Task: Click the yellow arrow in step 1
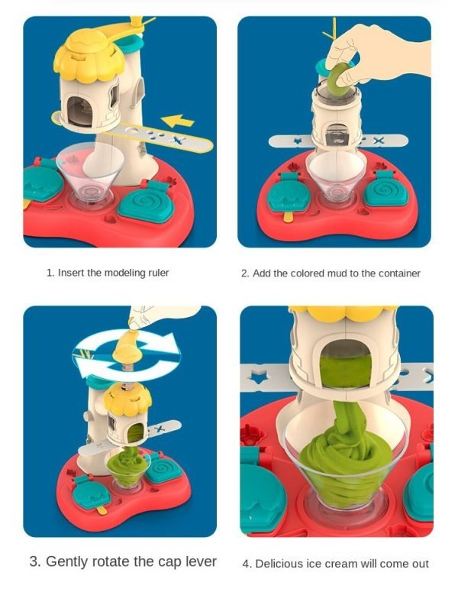point(177,121)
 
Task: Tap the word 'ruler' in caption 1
point(158,273)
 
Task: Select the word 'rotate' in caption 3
point(112,561)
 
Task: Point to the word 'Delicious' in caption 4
point(279,564)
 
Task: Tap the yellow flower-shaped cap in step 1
point(88,56)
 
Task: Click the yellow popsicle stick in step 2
point(289,218)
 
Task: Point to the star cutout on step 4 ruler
point(260,376)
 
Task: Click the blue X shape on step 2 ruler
point(379,141)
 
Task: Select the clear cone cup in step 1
point(89,173)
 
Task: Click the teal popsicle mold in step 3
point(91,493)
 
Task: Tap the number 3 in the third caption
point(34,561)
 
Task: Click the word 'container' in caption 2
point(399,273)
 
